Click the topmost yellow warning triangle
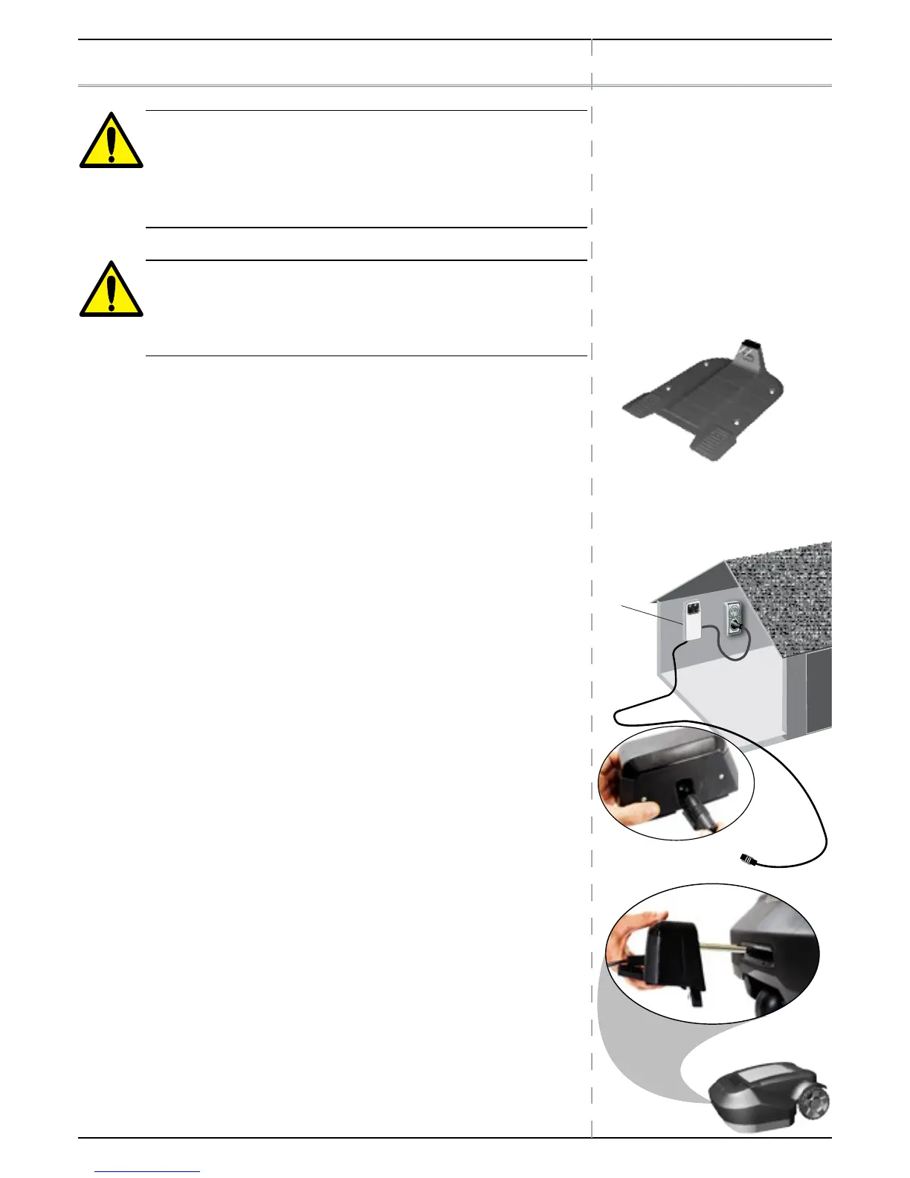tap(111, 141)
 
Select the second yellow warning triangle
tap(111, 290)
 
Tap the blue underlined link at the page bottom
tap(148, 1172)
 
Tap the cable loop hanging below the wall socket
tap(732, 654)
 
